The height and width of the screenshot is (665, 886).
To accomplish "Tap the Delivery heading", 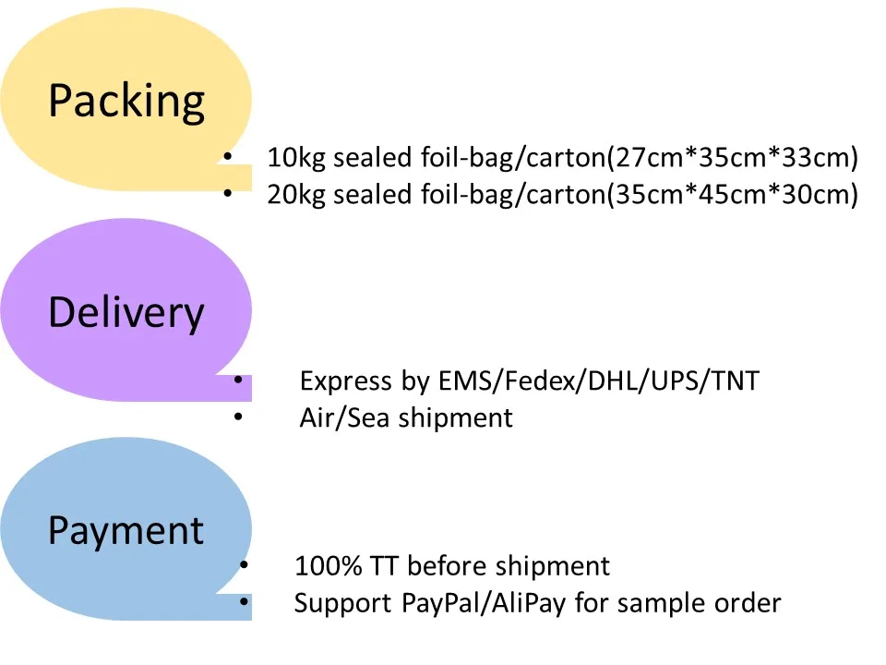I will point(126,313).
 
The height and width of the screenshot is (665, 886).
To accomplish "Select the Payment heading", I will point(126,531).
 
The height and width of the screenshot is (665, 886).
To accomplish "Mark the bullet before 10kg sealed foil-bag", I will point(226,157).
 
